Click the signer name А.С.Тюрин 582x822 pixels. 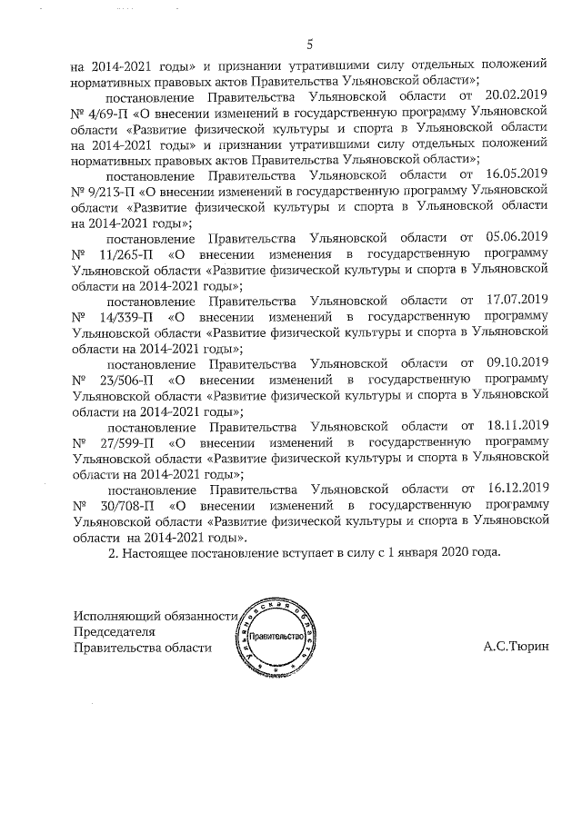pyautogui.click(x=516, y=648)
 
